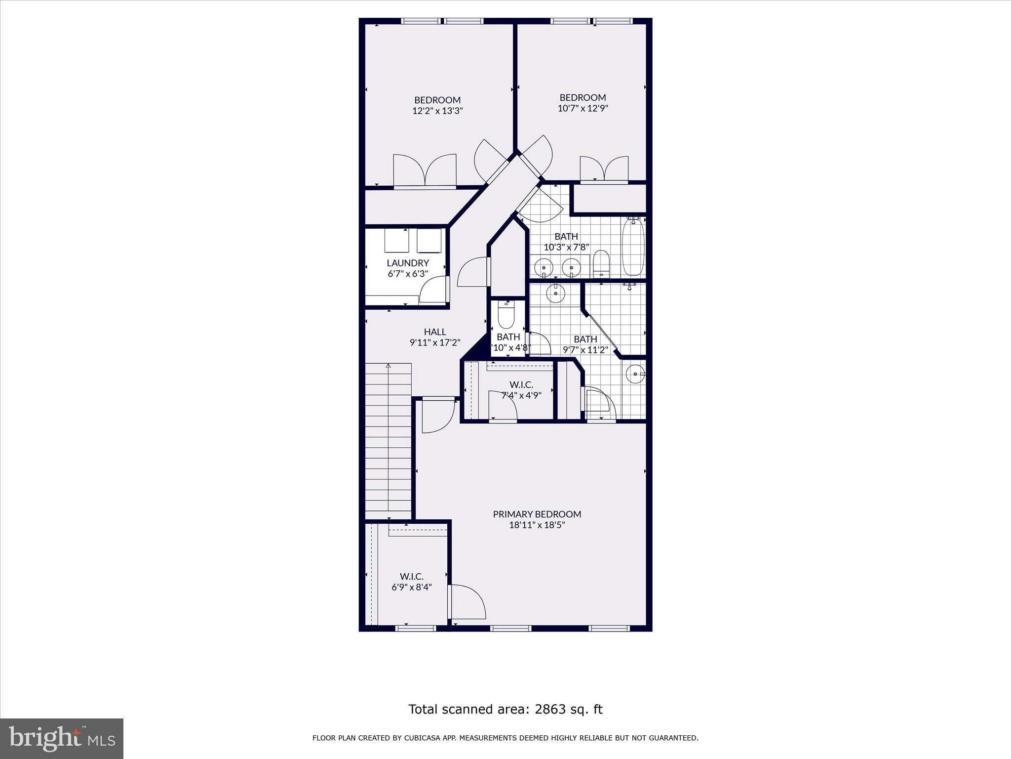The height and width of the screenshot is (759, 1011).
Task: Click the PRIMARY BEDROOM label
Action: [537, 514]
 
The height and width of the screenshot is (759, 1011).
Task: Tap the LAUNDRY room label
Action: [408, 263]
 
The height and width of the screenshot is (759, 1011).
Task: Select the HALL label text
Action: [435, 332]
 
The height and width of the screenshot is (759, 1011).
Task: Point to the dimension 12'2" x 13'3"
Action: [437, 111]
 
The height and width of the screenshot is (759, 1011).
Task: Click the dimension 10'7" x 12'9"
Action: [583, 108]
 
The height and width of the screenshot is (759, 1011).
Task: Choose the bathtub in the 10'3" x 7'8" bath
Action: [633, 248]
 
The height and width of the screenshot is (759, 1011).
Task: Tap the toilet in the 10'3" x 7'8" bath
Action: [601, 264]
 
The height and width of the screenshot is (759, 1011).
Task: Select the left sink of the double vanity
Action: [544, 267]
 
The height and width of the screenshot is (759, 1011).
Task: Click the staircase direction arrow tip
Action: [389, 366]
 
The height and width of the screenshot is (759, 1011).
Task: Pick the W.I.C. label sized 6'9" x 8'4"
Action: [412, 576]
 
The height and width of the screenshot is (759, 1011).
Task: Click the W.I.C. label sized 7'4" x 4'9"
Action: [521, 384]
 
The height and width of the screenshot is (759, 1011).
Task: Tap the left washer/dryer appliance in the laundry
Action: [396, 241]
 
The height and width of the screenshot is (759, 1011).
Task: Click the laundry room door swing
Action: [433, 291]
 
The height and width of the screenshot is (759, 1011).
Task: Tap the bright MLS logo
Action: [62, 738]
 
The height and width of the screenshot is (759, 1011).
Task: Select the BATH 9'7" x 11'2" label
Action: [585, 339]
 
